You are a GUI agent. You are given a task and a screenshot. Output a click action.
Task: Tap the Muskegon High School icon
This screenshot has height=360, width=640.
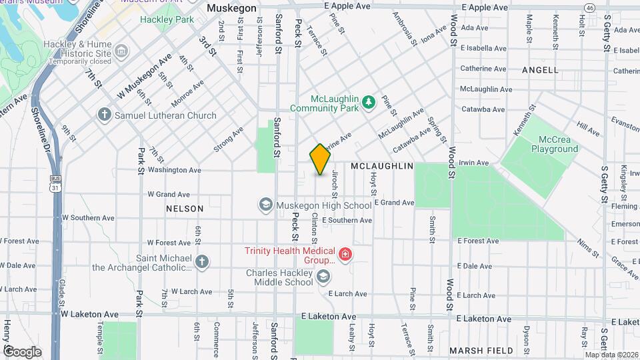(266, 205)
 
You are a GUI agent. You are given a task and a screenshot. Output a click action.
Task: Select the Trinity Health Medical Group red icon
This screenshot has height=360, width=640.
(345, 254)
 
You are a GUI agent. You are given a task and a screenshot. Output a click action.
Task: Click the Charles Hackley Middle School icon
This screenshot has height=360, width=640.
(323, 276)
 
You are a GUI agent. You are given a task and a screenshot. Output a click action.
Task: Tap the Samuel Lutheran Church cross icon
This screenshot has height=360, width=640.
(104, 115)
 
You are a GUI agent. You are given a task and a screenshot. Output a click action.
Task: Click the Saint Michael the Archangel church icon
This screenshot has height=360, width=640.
(203, 261)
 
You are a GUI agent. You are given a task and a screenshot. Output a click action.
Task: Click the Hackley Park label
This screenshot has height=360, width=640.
(167, 19)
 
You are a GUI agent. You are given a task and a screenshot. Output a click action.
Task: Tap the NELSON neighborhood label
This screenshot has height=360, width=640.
(185, 209)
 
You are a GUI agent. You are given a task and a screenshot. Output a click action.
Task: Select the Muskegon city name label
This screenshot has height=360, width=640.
(231, 8)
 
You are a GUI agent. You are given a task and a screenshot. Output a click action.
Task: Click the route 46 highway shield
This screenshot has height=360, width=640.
(589, 7)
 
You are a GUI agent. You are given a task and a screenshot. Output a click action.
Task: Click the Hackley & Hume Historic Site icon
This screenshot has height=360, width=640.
(121, 51)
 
